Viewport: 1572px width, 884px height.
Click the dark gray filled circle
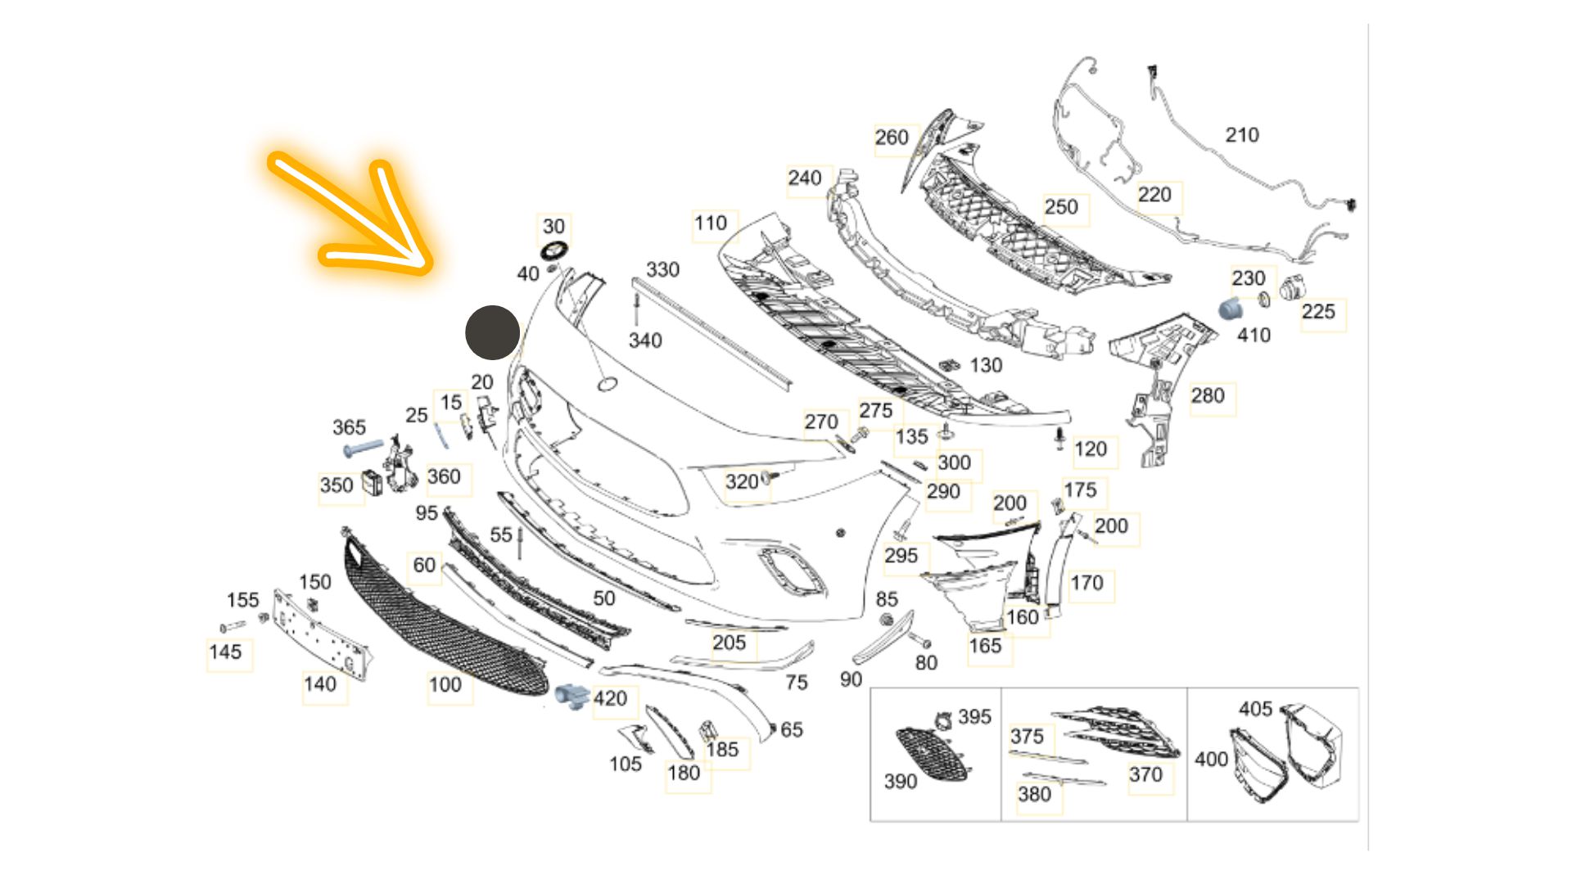[x=492, y=332]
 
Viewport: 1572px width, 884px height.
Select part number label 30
[x=554, y=226]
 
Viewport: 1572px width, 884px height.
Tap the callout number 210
[x=1241, y=135]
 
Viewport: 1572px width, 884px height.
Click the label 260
[x=892, y=138]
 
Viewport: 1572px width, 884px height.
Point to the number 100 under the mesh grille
[x=445, y=684]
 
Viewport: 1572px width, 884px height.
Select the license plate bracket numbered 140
[x=321, y=634]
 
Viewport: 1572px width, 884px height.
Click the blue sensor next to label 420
[x=571, y=696]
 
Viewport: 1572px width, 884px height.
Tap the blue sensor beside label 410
[x=1231, y=309]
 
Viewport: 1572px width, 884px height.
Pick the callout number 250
[x=1061, y=207]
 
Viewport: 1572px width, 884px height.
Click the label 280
[x=1208, y=396]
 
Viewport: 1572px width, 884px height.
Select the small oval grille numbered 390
[x=932, y=753]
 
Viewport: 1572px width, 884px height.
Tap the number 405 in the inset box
[x=1255, y=709]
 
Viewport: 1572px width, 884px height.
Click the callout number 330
[x=662, y=269]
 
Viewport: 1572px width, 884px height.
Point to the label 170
[x=1086, y=583]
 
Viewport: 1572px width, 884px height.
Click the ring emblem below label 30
[x=554, y=250]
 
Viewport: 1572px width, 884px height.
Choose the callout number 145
[x=225, y=652]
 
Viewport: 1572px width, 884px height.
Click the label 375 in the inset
[x=1027, y=737]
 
